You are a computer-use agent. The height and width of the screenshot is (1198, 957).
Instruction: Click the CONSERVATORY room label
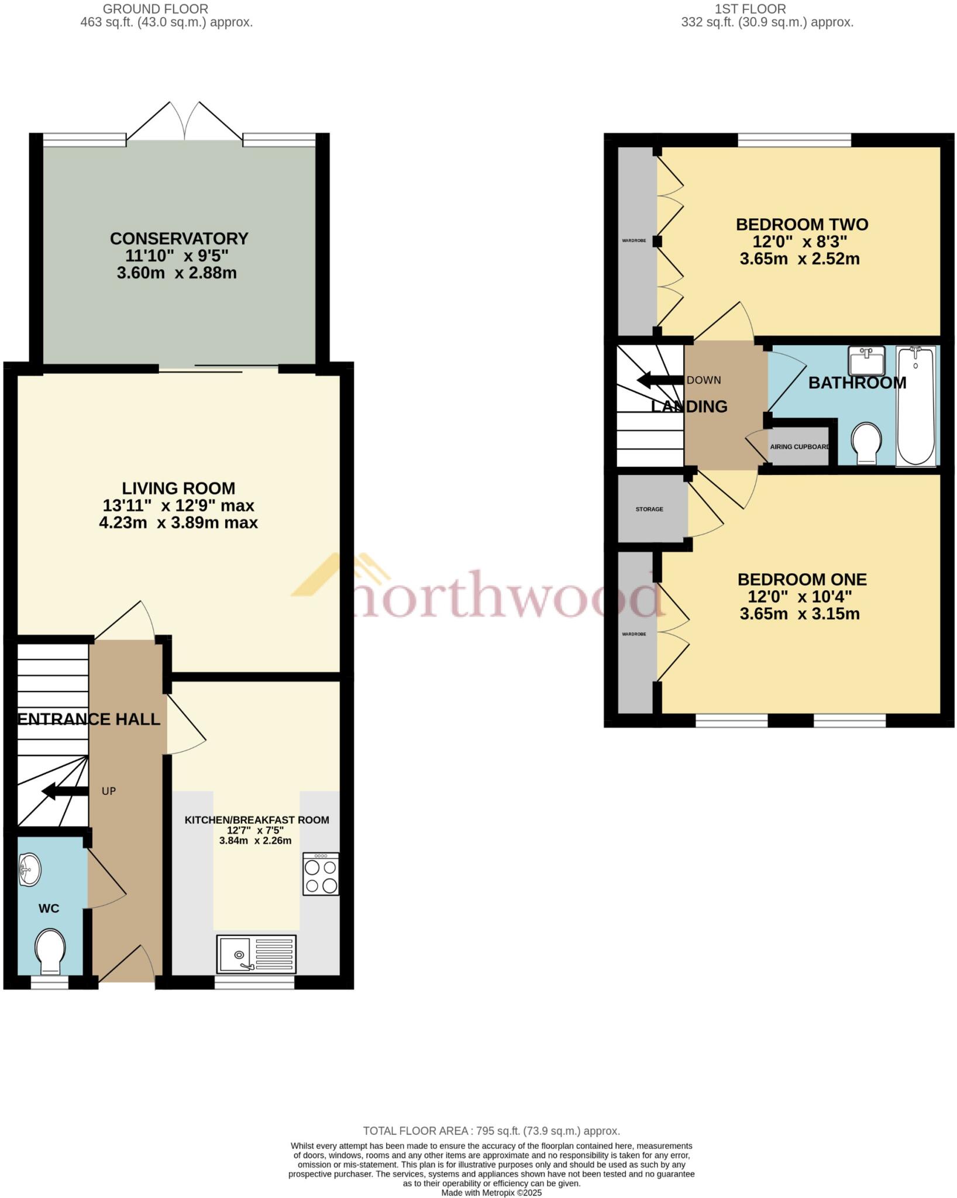pos(179,239)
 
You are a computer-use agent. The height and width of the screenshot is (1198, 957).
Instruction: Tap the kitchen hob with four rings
pos(321,874)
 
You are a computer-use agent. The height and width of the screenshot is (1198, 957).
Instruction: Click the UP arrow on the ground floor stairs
pos(65,791)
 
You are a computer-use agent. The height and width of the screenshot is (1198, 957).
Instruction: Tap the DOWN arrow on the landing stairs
pos(659,380)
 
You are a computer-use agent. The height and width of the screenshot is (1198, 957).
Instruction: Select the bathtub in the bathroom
pos(915,405)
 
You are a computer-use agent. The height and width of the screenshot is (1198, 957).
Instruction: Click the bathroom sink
pos(866,360)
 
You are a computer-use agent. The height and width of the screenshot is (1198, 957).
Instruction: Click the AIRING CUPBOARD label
pos(799,447)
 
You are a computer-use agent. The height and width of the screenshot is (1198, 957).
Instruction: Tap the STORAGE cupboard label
pos(649,509)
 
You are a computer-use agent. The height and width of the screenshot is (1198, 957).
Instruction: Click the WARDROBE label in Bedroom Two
pos(634,240)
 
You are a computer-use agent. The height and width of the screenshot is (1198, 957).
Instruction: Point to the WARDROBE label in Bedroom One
pos(634,634)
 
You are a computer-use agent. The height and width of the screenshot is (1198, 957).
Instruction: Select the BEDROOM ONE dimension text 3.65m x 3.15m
pos(800,614)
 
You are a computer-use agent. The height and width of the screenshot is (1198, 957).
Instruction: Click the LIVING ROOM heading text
pos(178,488)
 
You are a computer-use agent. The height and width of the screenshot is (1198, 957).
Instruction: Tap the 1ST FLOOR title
pos(751,9)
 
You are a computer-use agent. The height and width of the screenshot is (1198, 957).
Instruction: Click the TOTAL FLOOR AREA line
pos(491,1131)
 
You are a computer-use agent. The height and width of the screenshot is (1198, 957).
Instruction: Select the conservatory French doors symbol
pos(185,121)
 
